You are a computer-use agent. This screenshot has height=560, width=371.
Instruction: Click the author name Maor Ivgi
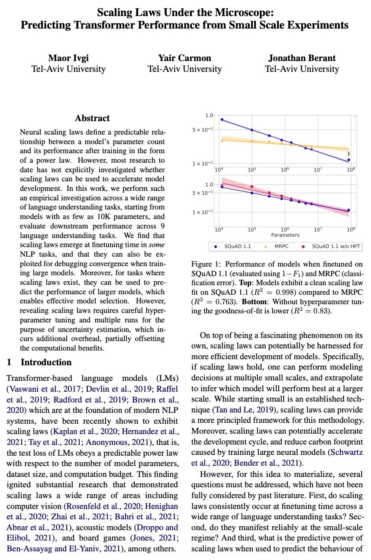click(68, 58)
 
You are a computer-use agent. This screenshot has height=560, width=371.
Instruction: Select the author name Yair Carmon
click(185, 58)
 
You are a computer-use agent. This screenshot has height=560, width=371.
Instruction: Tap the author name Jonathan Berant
click(302, 58)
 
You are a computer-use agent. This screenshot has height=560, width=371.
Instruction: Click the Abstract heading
click(92, 118)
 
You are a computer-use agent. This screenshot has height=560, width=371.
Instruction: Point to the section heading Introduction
click(46, 362)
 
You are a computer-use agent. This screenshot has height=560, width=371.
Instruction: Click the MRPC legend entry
click(281, 246)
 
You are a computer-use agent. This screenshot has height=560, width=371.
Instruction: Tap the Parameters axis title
click(285, 235)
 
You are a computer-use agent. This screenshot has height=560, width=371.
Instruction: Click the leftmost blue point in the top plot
click(222, 119)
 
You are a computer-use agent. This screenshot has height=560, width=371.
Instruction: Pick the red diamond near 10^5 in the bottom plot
click(252, 187)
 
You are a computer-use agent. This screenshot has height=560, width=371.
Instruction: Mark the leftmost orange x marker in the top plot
click(222, 140)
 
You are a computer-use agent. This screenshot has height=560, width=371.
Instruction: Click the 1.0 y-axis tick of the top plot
click(209, 116)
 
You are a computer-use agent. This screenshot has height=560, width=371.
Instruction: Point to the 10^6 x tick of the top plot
click(285, 170)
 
